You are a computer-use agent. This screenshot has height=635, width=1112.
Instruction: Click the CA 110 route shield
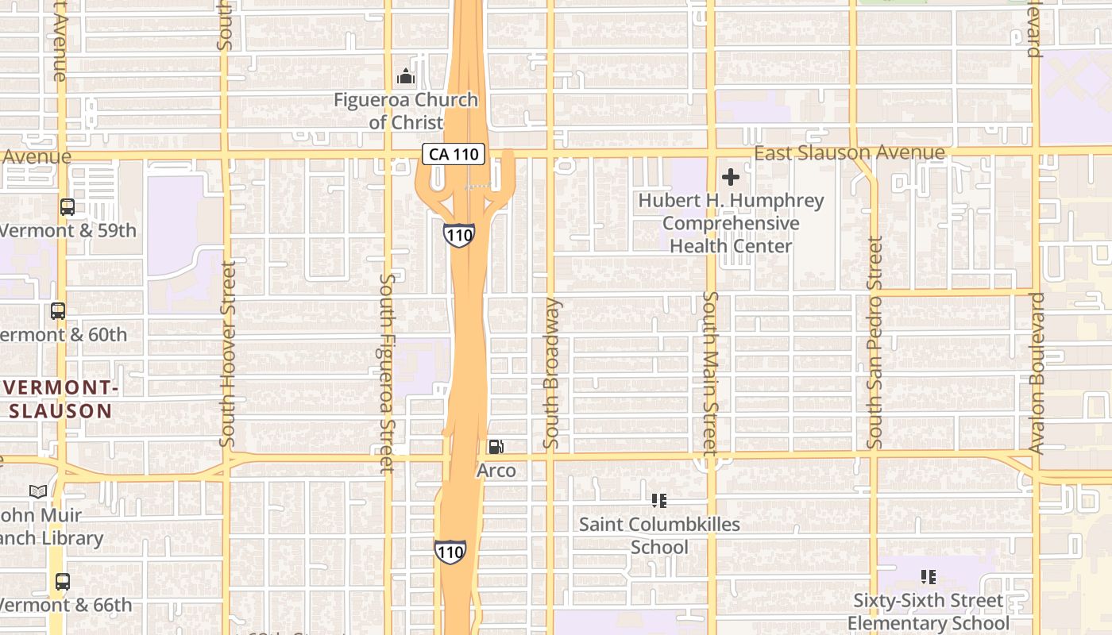[453, 154]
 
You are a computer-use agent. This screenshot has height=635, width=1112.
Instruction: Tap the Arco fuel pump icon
[496, 447]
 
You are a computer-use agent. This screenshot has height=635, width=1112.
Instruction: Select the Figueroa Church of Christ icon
[406, 77]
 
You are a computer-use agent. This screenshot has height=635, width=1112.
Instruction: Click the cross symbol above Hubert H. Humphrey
[731, 177]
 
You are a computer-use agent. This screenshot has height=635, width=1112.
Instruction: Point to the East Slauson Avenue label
[849, 152]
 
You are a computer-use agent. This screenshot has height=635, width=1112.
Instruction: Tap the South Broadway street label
[552, 373]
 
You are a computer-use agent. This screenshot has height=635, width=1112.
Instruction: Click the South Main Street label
[710, 373]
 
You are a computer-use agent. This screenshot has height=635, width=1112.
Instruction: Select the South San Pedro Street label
[875, 342]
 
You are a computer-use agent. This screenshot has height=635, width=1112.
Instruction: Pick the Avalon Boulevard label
[1037, 373]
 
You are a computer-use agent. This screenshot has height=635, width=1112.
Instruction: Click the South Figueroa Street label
[387, 373]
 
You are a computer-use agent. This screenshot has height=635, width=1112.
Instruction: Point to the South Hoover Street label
[228, 353]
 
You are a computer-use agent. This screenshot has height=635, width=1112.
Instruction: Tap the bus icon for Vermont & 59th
[68, 207]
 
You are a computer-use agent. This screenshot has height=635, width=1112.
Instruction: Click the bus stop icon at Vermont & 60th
[58, 310]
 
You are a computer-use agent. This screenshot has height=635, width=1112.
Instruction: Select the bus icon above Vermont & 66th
[63, 581]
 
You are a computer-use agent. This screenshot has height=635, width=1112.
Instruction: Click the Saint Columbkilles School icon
[658, 501]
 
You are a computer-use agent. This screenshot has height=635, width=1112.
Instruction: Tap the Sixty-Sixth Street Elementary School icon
[928, 577]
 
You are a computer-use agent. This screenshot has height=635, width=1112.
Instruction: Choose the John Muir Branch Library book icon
[38, 491]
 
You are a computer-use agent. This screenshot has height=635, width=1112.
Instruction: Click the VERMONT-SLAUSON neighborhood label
[60, 399]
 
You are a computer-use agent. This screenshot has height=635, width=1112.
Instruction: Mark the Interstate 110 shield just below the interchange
[459, 235]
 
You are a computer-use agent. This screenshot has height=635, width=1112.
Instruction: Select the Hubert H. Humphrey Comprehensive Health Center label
[731, 223]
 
